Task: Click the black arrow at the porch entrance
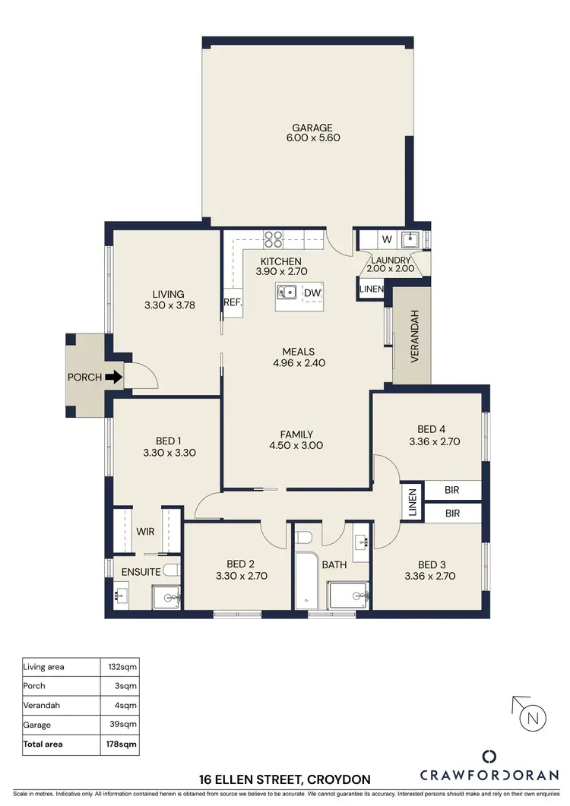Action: (112, 377)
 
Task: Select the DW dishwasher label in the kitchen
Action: (312, 293)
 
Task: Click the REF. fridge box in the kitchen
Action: (232, 302)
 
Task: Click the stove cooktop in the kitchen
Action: (273, 239)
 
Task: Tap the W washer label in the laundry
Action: (387, 240)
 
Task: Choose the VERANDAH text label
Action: (415, 337)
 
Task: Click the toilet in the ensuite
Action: (171, 570)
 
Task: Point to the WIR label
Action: (146, 532)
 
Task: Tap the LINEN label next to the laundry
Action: (372, 289)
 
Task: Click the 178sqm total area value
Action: (122, 744)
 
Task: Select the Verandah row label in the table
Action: (43, 706)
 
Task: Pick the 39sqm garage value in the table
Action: (123, 725)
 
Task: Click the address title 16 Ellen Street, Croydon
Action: (285, 780)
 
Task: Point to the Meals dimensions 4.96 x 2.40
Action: (298, 362)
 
